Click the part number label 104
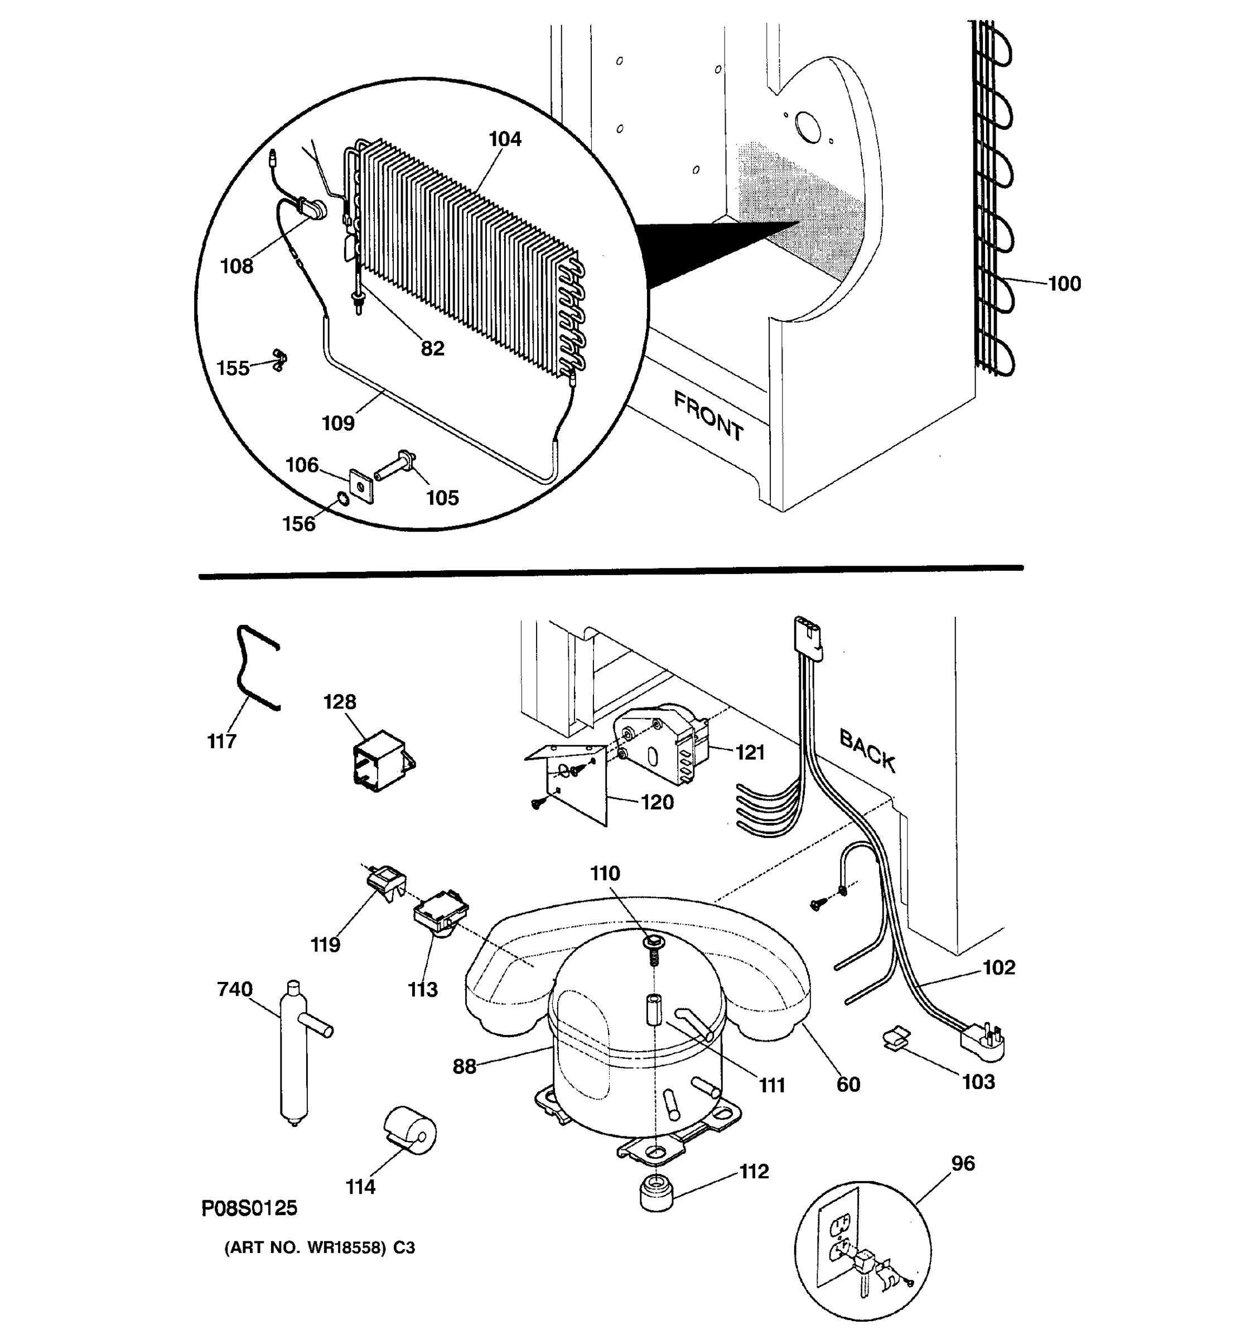pyautogui.click(x=504, y=139)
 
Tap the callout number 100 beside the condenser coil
pyautogui.click(x=1064, y=283)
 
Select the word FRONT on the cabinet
pyautogui.click(x=708, y=417)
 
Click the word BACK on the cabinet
pyautogui.click(x=867, y=750)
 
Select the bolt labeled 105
pyautogui.click(x=394, y=465)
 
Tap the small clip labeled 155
pyautogui.click(x=279, y=360)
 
